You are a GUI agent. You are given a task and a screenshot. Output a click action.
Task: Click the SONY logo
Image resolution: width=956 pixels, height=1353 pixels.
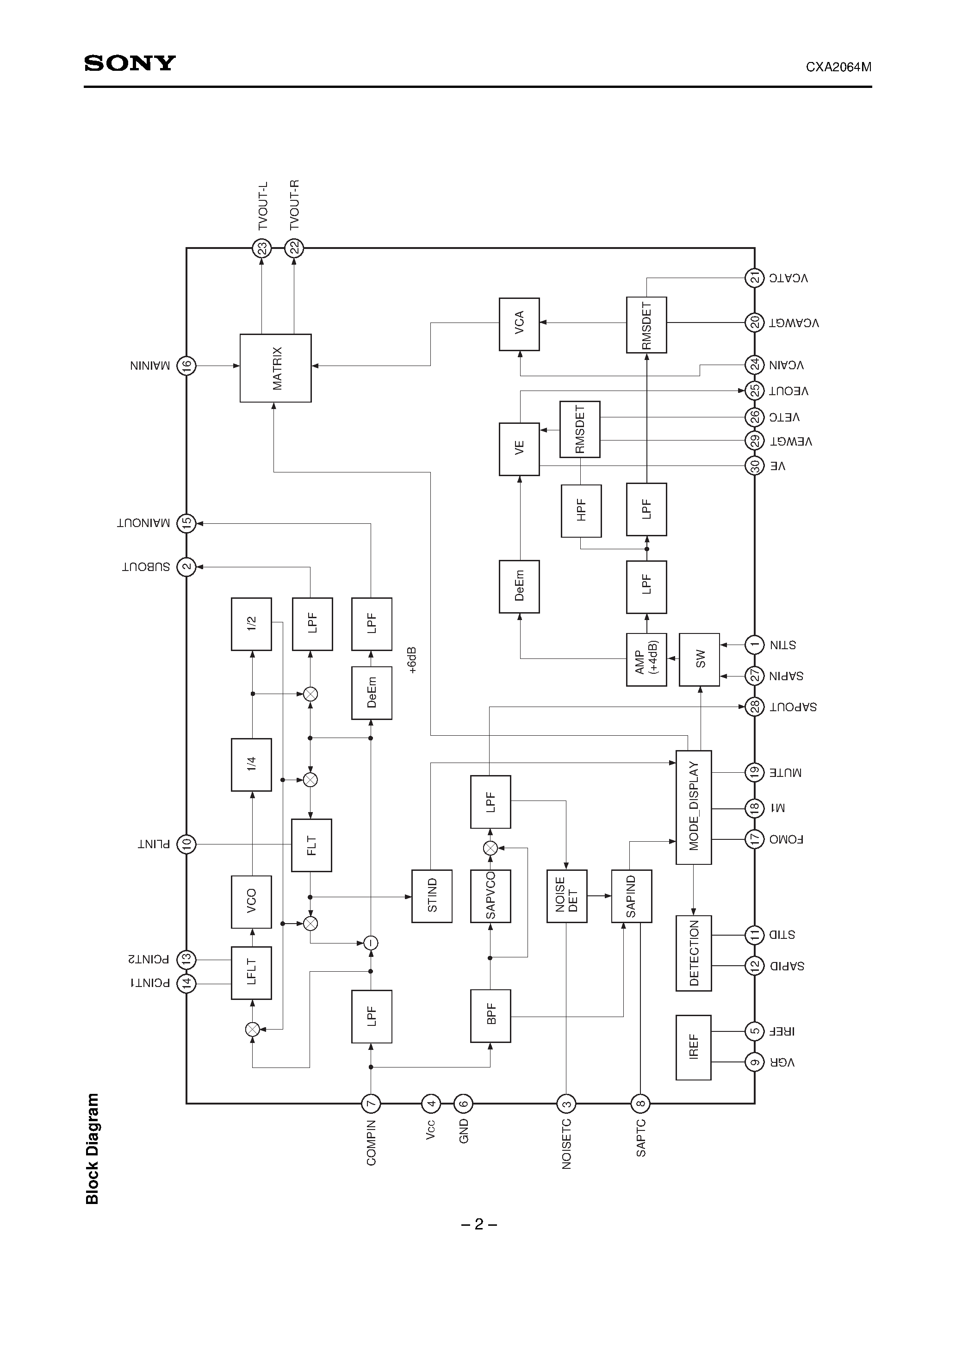(x=130, y=63)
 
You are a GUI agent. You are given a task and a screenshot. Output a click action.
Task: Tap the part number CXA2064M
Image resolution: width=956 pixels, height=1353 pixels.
(x=838, y=67)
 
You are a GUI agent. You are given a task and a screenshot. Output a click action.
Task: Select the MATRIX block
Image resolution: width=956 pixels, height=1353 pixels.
(x=275, y=368)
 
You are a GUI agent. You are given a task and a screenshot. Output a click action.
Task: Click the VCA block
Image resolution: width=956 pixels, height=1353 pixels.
(x=519, y=324)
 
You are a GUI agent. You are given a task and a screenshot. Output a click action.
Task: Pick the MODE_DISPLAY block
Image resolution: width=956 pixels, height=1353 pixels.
(x=693, y=807)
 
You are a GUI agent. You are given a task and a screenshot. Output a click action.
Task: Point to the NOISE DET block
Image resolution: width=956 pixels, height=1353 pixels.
(x=566, y=896)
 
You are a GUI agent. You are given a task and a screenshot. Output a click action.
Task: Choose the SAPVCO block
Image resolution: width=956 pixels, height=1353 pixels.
(x=490, y=896)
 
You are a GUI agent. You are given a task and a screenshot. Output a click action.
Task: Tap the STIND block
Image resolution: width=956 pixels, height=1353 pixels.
(x=431, y=896)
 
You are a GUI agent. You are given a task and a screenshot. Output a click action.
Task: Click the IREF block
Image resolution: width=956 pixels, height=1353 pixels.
(x=693, y=1047)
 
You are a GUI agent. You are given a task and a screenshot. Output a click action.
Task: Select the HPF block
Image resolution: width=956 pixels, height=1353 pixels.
(x=581, y=511)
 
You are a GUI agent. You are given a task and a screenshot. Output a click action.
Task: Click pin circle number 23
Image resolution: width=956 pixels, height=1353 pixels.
(x=262, y=248)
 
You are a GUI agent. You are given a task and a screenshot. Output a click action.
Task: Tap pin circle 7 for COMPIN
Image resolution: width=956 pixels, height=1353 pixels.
(x=371, y=1103)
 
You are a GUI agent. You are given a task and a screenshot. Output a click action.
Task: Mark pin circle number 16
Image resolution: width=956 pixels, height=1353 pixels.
(x=186, y=366)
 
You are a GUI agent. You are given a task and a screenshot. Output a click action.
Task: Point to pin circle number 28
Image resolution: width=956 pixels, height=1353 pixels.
(x=754, y=706)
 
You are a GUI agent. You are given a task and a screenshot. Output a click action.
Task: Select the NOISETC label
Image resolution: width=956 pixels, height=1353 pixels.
(x=566, y=1144)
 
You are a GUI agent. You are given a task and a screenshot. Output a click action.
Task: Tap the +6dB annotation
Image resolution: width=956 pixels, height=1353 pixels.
(x=412, y=660)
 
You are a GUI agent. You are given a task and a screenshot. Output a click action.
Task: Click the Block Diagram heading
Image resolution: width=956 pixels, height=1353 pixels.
(x=93, y=1148)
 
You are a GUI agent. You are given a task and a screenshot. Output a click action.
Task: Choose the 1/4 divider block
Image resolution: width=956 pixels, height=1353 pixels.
(x=251, y=764)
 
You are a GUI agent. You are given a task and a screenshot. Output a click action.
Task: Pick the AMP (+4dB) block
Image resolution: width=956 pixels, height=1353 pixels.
(x=646, y=659)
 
